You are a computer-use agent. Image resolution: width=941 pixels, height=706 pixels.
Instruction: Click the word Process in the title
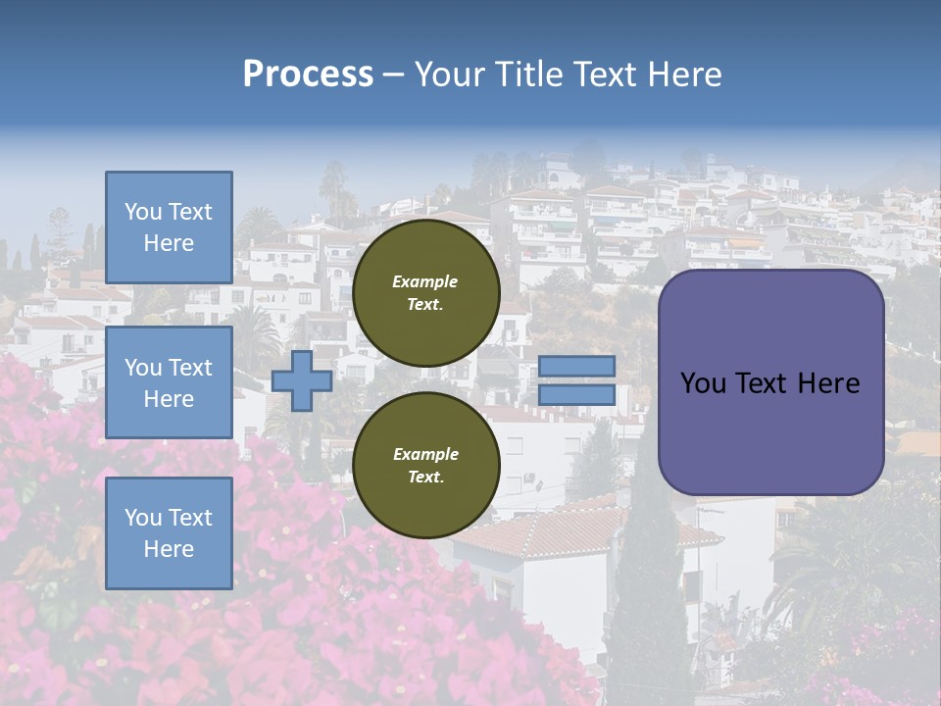308,75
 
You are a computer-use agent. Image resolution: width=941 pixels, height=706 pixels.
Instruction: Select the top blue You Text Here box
169,227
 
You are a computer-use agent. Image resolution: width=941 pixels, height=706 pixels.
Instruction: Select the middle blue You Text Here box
169,382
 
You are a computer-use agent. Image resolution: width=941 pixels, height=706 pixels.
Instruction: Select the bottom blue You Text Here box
169,532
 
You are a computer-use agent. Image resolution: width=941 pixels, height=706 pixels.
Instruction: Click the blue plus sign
301,381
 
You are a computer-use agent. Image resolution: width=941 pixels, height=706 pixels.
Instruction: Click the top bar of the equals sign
577,367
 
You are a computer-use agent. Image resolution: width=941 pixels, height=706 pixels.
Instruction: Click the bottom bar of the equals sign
577,395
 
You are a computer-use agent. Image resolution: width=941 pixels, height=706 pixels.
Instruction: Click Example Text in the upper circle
425,293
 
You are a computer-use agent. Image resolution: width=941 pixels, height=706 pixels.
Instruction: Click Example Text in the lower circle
425,466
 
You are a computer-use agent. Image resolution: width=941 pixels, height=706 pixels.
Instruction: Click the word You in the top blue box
143,212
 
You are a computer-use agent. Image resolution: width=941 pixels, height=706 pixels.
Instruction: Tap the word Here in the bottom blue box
169,549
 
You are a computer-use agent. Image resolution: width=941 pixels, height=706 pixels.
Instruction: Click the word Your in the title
449,75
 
